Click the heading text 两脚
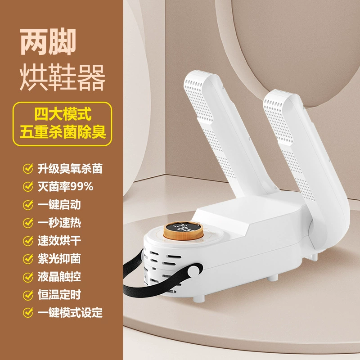[x=48, y=42]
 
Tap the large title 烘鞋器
[x=63, y=77]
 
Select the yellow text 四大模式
[x=63, y=114]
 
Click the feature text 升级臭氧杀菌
[x=70, y=168]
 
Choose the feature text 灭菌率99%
[x=65, y=186]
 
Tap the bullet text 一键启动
[x=59, y=205]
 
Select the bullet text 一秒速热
[x=59, y=223]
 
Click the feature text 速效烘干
[x=59, y=241]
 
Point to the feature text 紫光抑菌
[x=59, y=259]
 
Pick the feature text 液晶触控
[x=59, y=277]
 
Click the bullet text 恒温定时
[x=59, y=295]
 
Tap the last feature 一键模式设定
[x=70, y=313]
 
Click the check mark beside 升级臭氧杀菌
[x=28, y=168]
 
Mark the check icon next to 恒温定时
[x=28, y=295]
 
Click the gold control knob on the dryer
[x=183, y=231]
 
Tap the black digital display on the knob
[x=183, y=228]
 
